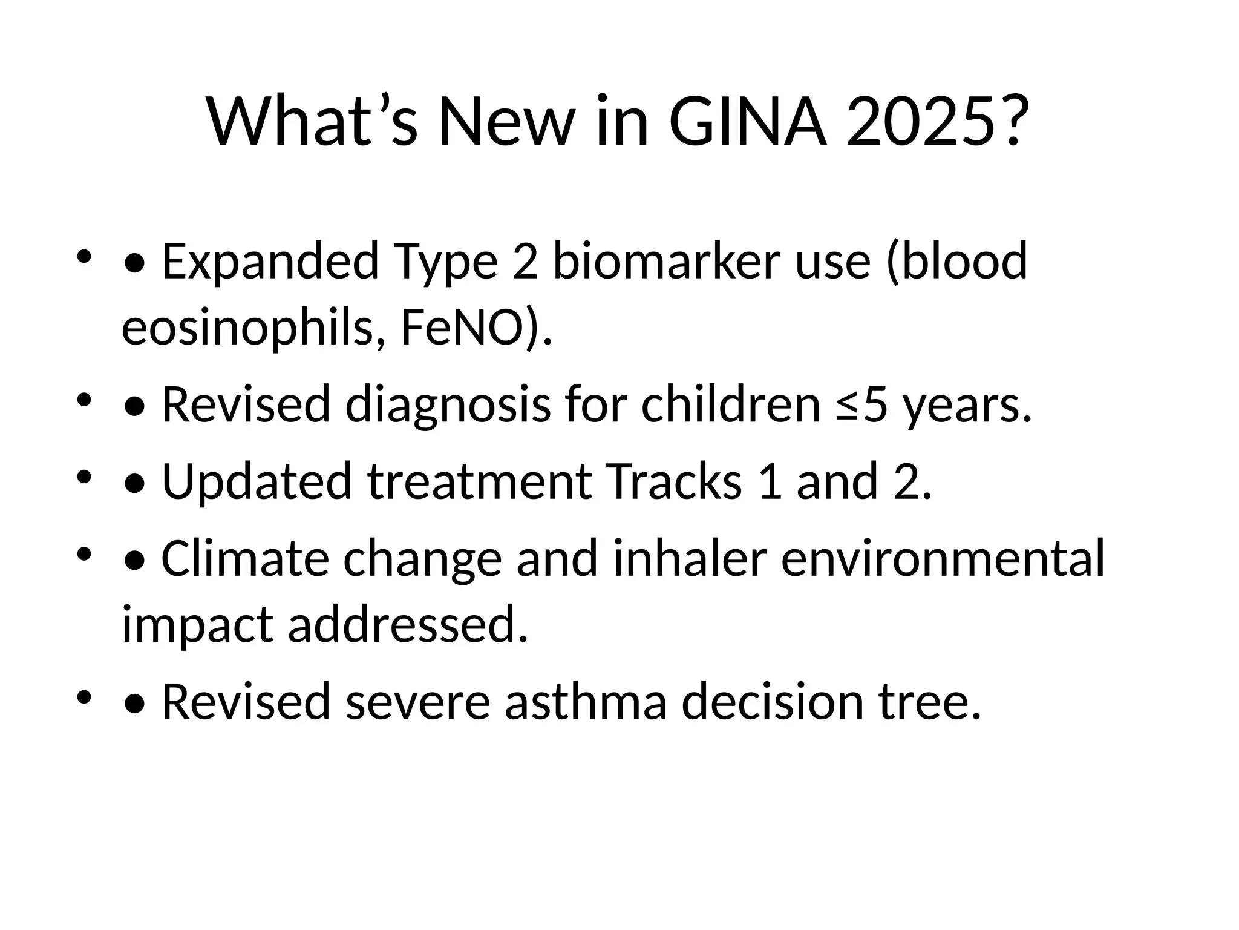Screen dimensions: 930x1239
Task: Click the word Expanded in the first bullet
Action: coord(270,262)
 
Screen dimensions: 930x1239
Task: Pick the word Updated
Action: coord(257,481)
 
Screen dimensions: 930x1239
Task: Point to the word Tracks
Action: coord(674,481)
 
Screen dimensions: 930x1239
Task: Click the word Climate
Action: coord(245,558)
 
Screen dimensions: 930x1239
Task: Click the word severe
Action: coord(417,702)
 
